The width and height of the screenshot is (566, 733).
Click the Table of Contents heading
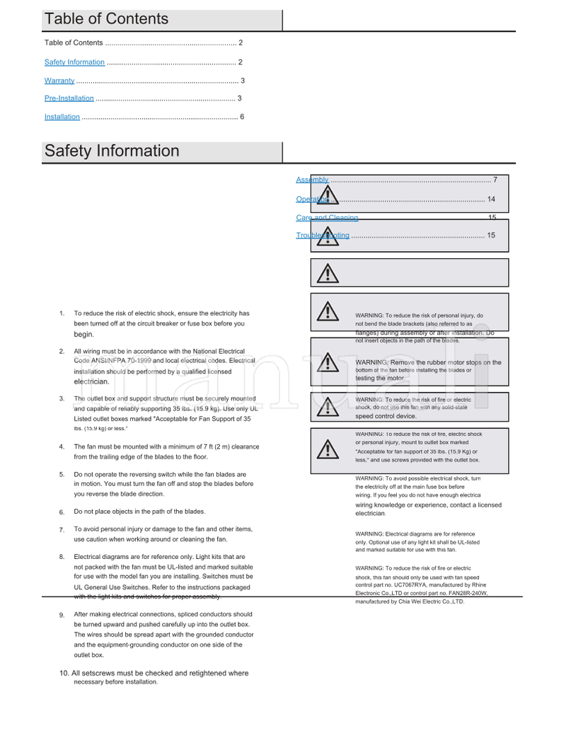tap(106, 19)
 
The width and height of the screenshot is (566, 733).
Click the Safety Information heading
tap(112, 151)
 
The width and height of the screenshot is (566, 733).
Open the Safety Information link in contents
tap(74, 62)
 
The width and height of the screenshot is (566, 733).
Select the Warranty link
tap(59, 81)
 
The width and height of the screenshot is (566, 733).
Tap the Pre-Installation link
tap(69, 98)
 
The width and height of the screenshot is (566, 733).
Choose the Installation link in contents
tap(62, 117)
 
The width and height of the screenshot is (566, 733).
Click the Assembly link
tap(312, 180)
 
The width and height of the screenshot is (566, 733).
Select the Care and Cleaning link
tap(327, 218)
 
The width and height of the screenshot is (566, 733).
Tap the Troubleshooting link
tap(323, 236)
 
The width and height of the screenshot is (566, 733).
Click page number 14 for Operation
tap(491, 200)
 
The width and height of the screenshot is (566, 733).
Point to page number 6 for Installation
tap(242, 117)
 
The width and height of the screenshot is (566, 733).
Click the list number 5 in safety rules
tap(62, 475)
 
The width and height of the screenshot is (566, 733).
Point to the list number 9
tap(62, 616)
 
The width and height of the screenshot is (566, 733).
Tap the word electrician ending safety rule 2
tap(91, 381)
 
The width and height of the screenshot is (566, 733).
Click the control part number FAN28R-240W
tap(468, 594)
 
